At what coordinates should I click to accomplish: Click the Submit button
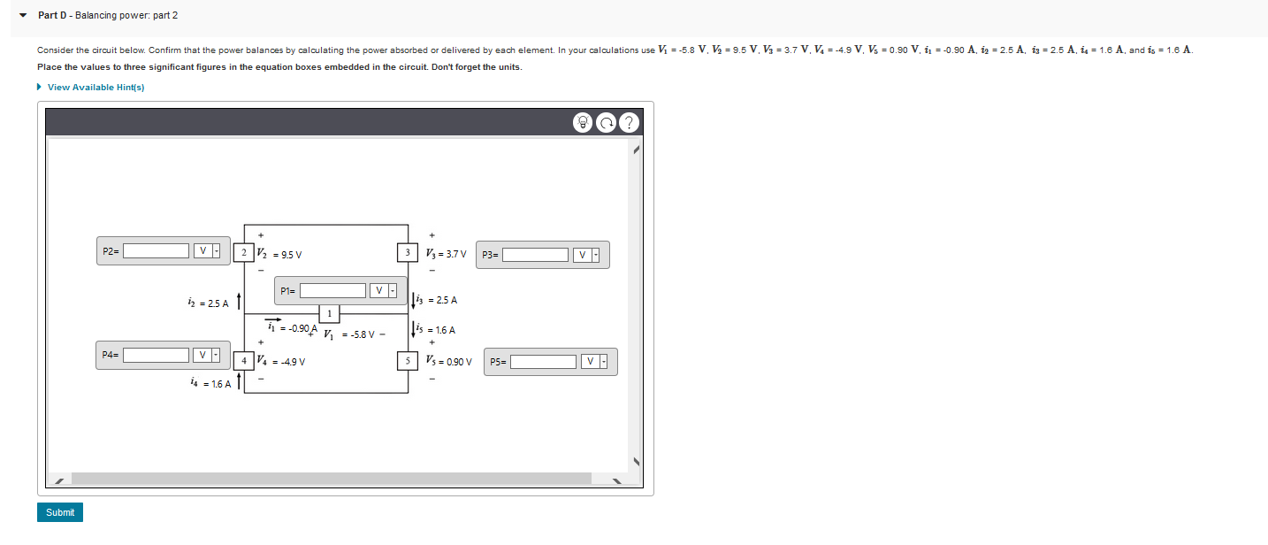(60, 512)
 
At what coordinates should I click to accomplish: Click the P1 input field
(332, 290)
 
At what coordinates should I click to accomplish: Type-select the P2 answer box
(156, 251)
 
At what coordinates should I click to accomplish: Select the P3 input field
(535, 255)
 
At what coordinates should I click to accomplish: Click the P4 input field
(156, 355)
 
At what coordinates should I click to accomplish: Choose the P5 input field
(543, 362)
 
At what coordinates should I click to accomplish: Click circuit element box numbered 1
(329, 313)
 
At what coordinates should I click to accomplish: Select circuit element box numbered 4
(243, 361)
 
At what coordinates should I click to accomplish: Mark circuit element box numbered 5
(408, 361)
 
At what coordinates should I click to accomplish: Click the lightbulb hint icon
(584, 123)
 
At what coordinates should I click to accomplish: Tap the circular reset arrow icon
(606, 123)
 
